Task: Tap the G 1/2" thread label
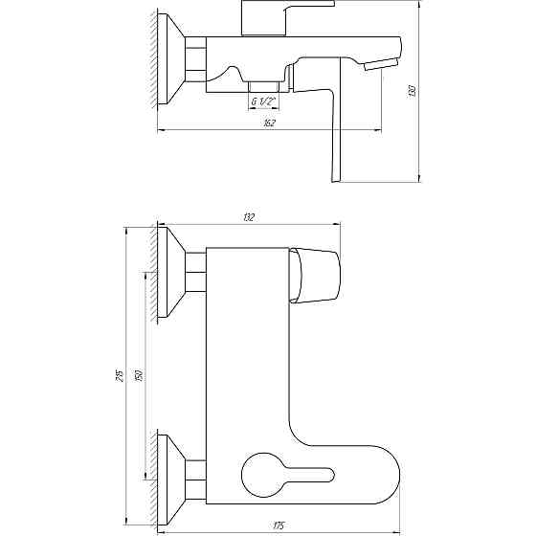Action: (264, 101)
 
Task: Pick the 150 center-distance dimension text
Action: (141, 376)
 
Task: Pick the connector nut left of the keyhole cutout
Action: (195, 471)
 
